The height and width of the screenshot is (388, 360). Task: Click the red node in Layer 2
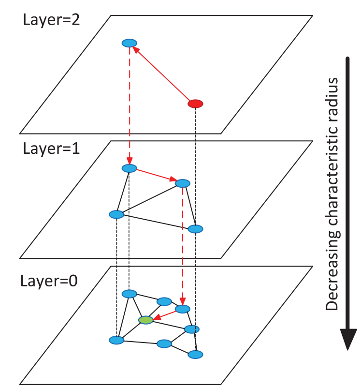pyautogui.click(x=195, y=103)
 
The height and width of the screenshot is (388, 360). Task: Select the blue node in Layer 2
pyautogui.click(x=129, y=43)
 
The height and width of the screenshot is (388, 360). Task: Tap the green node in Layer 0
pyautogui.click(x=146, y=320)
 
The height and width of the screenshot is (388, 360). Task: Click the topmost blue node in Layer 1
pyautogui.click(x=130, y=168)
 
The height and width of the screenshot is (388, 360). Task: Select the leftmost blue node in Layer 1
pyautogui.click(x=116, y=214)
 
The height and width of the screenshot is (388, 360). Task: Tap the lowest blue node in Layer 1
pyautogui.click(x=195, y=229)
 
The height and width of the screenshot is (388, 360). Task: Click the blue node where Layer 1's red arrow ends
pyautogui.click(x=183, y=183)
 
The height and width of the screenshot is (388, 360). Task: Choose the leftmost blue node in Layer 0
pyautogui.click(x=116, y=340)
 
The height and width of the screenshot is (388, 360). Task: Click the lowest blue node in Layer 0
pyautogui.click(x=195, y=355)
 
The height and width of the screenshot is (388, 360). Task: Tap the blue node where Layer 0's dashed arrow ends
pyautogui.click(x=183, y=309)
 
